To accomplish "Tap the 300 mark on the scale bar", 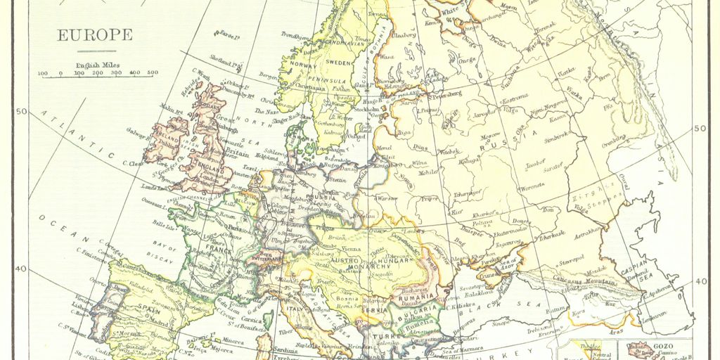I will [x=116, y=72].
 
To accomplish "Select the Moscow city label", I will [x=489, y=135].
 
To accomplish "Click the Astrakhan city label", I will [x=587, y=229].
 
